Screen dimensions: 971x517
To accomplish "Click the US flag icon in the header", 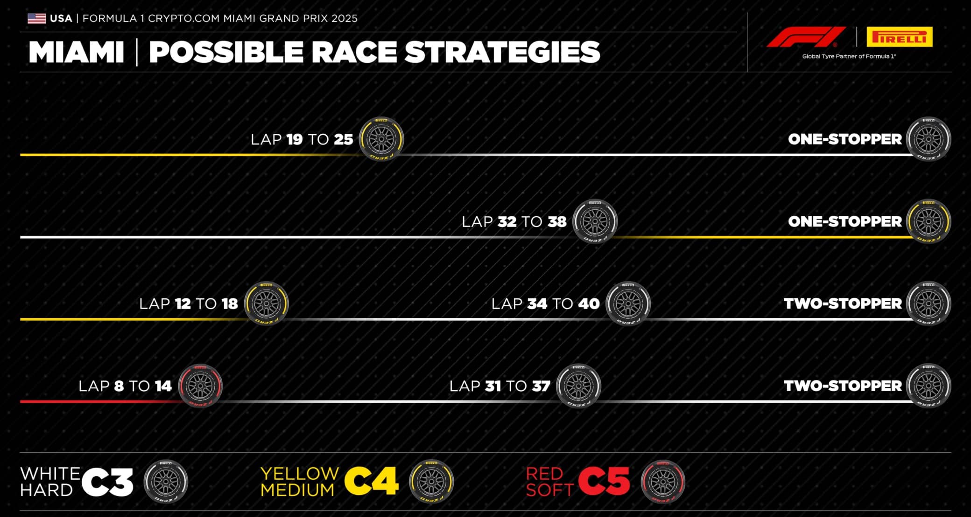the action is [x=36, y=19].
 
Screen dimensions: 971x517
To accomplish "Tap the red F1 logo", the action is [x=806, y=37].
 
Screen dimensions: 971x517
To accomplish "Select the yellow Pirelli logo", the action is [x=900, y=37].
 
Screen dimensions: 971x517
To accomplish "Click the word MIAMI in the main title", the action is [x=77, y=52].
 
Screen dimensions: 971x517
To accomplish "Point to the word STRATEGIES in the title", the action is [x=502, y=52].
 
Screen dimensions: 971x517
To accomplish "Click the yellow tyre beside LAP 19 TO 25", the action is [x=381, y=139].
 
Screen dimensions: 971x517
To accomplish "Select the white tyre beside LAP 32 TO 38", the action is [x=595, y=221].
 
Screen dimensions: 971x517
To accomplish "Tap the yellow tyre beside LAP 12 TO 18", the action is [x=267, y=303].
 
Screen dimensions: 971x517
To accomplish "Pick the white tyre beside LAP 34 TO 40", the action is [x=628, y=303].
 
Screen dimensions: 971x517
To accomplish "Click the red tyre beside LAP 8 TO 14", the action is [x=200, y=386].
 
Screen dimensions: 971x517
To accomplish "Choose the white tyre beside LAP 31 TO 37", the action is [x=579, y=386].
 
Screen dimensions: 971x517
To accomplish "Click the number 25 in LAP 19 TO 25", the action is [x=344, y=139].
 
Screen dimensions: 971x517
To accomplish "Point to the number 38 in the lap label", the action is [x=557, y=222].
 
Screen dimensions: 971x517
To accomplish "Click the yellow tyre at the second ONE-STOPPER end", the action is [x=929, y=221].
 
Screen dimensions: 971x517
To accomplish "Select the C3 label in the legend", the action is [x=107, y=482].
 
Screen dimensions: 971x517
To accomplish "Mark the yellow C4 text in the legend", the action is [x=372, y=482].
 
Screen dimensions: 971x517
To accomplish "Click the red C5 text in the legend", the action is [x=604, y=482].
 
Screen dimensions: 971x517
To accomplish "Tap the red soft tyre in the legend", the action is [x=663, y=483].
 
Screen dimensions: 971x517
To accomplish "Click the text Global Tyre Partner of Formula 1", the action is [x=849, y=56].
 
